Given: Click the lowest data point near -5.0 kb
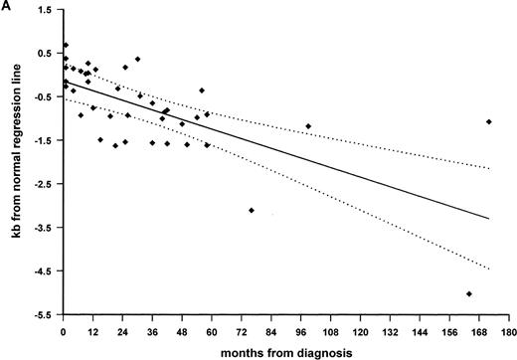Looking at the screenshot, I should click(468, 293).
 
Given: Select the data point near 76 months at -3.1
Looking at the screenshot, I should click(252, 210).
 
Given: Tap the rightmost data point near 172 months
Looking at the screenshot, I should click(489, 121).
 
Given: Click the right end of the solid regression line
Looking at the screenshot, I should click(490, 218).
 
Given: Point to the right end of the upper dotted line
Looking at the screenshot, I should click(490, 168).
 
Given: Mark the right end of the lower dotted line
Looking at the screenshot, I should click(490, 270).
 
